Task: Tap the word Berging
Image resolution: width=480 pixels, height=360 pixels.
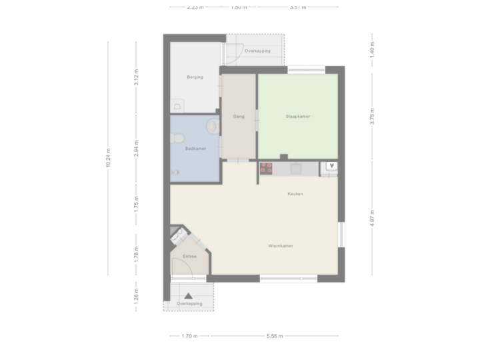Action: point(194,77)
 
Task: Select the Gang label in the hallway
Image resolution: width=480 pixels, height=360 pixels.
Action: point(238,116)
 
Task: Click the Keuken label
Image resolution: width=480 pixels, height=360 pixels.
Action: point(295,194)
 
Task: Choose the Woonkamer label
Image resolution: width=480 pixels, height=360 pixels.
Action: point(281,245)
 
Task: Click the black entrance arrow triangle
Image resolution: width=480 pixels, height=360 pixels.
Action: point(189,295)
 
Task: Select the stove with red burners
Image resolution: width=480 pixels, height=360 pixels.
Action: point(267,169)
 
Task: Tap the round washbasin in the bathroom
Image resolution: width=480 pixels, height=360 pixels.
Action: point(213,125)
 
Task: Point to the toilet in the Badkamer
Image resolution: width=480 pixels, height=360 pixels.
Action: point(176,138)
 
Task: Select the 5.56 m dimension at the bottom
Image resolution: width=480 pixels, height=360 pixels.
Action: point(274,336)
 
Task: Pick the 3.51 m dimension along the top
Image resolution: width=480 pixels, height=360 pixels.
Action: point(298,7)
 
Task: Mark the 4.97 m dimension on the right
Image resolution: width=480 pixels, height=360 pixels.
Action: point(372,218)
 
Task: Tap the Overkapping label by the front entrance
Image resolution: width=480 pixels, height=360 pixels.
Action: point(189,304)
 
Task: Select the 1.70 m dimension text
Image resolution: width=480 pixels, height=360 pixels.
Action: point(189,336)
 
